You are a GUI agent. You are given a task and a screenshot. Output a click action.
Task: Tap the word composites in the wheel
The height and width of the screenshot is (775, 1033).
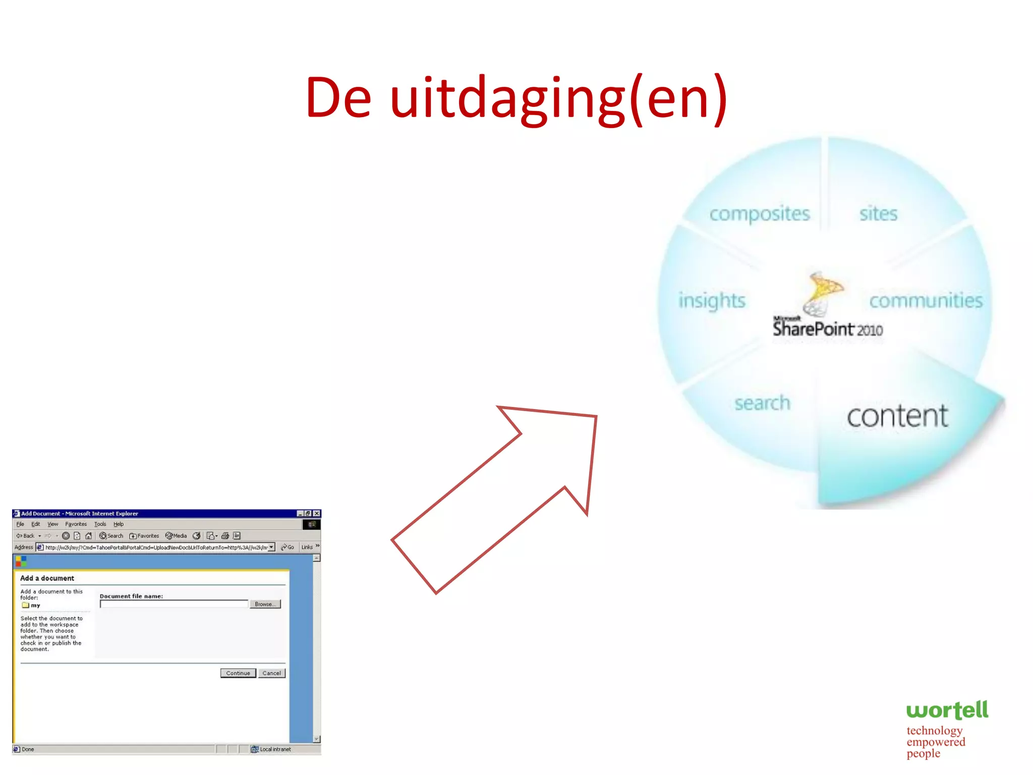[759, 214]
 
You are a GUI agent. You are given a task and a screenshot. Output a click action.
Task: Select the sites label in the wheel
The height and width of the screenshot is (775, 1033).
[878, 213]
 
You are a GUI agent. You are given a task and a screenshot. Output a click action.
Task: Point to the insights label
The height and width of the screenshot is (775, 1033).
[712, 300]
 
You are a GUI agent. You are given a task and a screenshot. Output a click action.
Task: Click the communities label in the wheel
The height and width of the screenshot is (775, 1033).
[926, 301]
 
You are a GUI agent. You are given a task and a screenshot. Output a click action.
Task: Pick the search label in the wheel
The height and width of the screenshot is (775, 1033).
[762, 403]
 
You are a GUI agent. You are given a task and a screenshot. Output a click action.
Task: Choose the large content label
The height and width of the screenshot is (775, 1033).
[897, 416]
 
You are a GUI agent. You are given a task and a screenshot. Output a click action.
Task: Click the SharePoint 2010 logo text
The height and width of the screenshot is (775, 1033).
[827, 329]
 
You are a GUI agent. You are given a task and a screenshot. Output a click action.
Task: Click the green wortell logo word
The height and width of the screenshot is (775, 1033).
[947, 710]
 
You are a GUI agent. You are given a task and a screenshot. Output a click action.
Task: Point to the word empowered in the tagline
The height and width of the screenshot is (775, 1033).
[936, 742]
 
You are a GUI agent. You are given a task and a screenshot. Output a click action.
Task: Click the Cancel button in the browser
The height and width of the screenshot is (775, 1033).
[271, 673]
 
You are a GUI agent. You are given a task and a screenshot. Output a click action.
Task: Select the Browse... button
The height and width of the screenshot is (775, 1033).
[265, 604]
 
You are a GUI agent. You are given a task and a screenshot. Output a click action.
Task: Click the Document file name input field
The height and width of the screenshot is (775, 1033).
[174, 604]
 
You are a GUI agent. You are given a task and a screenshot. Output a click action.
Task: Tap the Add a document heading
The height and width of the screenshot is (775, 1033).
[47, 578]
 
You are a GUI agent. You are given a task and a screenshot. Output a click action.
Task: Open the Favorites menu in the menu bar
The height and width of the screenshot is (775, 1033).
[76, 524]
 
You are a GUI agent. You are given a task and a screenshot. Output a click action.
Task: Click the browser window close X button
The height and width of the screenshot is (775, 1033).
[316, 514]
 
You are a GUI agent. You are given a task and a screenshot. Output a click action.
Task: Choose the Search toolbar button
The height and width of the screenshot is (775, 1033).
[111, 536]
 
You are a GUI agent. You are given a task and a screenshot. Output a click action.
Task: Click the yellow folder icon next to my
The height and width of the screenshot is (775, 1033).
[25, 605]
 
